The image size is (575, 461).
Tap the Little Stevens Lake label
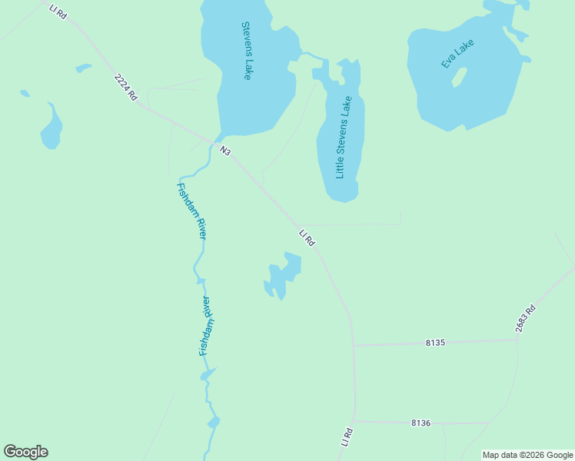pos(344,137)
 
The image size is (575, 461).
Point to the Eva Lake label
pos(457,54)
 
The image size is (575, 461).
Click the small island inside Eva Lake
pos(459,77)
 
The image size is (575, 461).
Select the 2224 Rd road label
pos(125,88)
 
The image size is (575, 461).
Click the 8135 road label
pos(435,342)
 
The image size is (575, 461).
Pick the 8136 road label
pos(420,423)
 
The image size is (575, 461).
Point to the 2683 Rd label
pos(525,319)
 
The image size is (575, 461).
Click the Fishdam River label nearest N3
pos(191,211)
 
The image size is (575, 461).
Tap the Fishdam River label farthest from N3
pos(204,325)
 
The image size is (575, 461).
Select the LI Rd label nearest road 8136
pos(347,438)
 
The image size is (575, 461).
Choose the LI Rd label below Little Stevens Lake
pos(307,237)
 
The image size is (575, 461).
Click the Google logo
pos(25,452)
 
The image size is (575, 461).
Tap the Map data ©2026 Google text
pos(527,455)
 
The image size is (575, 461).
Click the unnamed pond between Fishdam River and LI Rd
pos(283,275)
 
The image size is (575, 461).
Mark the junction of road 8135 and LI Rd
pos(354,346)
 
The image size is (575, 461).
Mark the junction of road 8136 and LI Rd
pos(355,421)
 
